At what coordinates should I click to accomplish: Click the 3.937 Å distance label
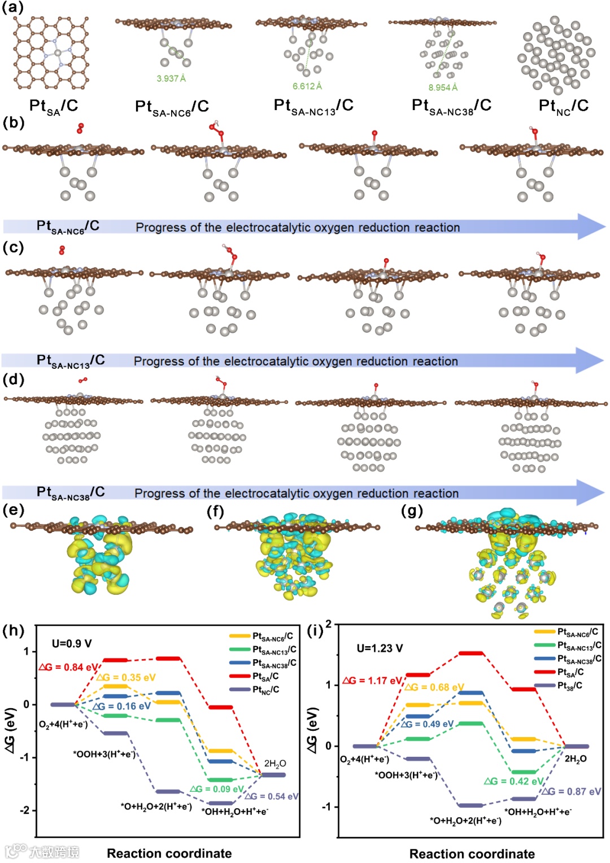click(171, 79)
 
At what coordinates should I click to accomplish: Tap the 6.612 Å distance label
click(307, 86)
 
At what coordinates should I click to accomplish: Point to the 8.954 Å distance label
click(443, 88)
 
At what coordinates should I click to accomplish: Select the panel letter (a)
click(13, 7)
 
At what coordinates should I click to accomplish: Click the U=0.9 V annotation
click(72, 644)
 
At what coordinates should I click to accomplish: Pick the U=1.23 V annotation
click(380, 648)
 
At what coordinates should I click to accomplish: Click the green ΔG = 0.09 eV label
click(217, 789)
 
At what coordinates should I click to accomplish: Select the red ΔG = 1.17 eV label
click(372, 681)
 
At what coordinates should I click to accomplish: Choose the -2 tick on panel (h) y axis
click(25, 810)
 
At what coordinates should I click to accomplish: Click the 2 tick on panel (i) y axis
click(328, 625)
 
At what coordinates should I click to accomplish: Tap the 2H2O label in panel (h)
click(275, 764)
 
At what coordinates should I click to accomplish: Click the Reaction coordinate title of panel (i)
click(472, 853)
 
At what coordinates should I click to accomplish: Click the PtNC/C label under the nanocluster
click(563, 106)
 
